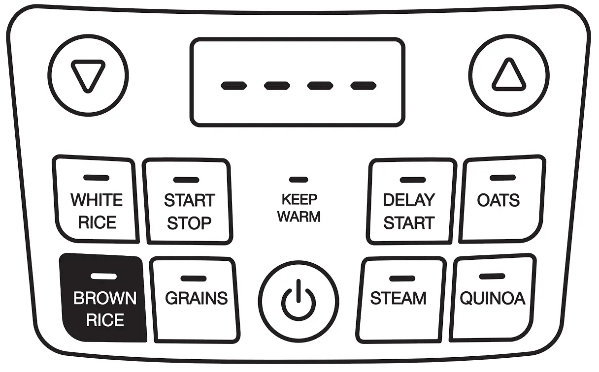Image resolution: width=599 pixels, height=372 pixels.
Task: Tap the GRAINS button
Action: click(x=196, y=299)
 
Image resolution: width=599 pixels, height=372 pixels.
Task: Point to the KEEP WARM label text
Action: click(x=299, y=208)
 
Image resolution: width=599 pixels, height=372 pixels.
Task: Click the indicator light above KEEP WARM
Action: click(x=299, y=180)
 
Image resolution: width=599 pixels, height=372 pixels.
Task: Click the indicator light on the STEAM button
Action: click(x=399, y=279)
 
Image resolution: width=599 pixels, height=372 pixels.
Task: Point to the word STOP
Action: click(x=189, y=223)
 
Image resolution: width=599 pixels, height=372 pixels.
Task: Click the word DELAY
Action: click(x=409, y=200)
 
